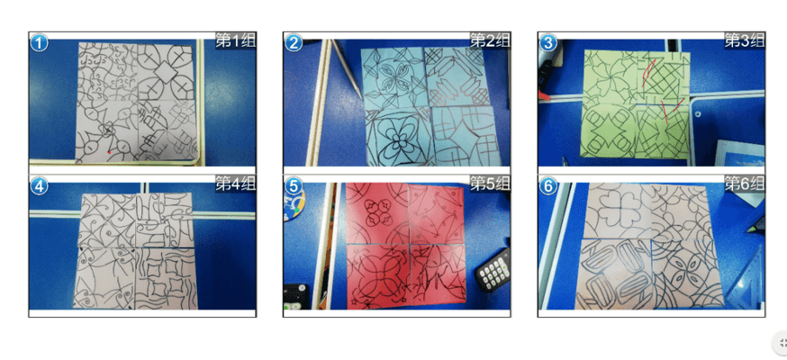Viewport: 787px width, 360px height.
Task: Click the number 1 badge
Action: (x=39, y=43)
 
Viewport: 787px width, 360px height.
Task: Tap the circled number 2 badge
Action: (x=294, y=43)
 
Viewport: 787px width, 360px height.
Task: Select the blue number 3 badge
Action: (x=548, y=43)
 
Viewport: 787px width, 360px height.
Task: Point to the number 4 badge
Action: (x=39, y=186)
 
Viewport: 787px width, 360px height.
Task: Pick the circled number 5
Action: (x=294, y=186)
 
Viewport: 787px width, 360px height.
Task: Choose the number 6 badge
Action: (x=548, y=186)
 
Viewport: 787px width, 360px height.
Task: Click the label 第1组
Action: (x=235, y=40)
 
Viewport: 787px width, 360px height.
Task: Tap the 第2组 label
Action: (x=490, y=40)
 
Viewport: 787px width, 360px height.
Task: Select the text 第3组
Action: (x=745, y=40)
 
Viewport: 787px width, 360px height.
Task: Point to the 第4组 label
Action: (x=235, y=184)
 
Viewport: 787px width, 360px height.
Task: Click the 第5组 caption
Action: (x=490, y=184)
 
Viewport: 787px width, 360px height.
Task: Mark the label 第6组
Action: (x=745, y=184)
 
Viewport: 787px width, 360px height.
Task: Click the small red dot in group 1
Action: (x=109, y=152)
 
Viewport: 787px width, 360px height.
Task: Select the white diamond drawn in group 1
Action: (x=166, y=72)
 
